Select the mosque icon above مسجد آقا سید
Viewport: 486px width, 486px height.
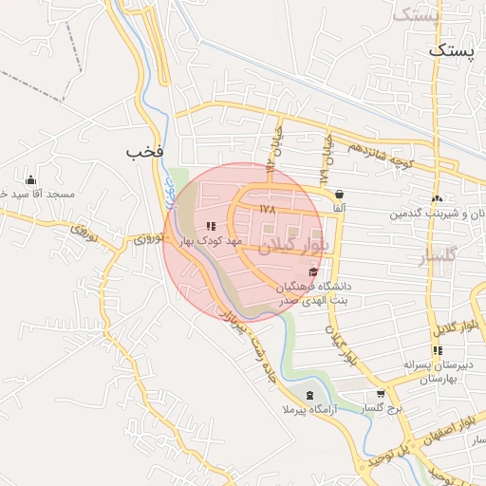point(30,179)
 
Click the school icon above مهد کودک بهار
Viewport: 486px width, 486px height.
point(210,226)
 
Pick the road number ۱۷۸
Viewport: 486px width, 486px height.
point(265,207)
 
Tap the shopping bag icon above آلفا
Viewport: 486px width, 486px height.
point(339,194)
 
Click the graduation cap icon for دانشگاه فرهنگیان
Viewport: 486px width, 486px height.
point(313,272)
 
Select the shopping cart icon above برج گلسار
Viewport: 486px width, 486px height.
point(381,394)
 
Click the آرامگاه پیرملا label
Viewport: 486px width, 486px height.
point(308,409)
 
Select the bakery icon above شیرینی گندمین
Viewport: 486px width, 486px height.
point(437,198)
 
